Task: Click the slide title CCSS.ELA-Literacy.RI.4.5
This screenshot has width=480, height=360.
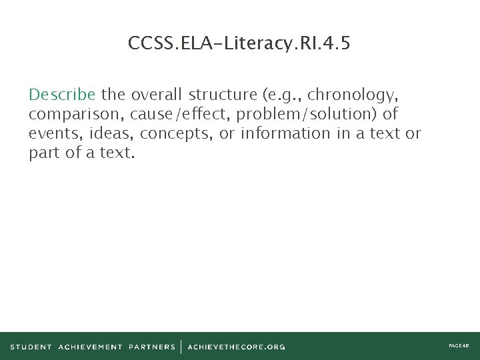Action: click(x=239, y=44)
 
